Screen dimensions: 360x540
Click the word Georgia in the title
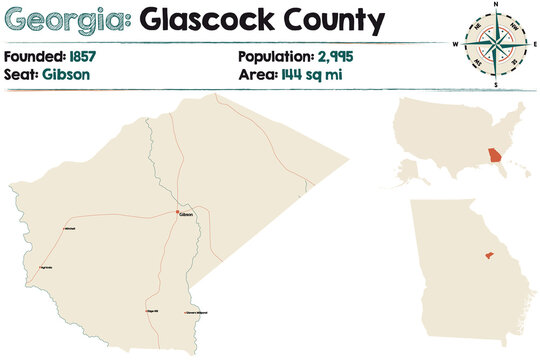[x=64, y=19]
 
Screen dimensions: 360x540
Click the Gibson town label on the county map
[x=187, y=215]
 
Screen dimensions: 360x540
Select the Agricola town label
[x=47, y=268]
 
